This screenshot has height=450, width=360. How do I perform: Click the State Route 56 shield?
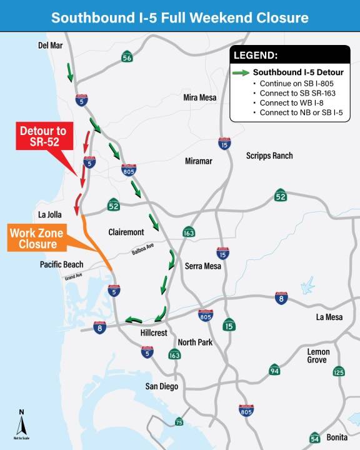tap(127, 57)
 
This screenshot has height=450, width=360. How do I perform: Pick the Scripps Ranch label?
tap(269, 156)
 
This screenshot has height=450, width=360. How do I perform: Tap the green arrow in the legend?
tap(241, 72)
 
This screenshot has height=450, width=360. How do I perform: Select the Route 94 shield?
tap(274, 371)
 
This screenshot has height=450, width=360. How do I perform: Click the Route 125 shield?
tap(338, 372)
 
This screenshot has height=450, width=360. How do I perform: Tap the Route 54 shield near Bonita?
tap(314, 438)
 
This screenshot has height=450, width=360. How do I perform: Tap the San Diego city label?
tap(162, 386)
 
